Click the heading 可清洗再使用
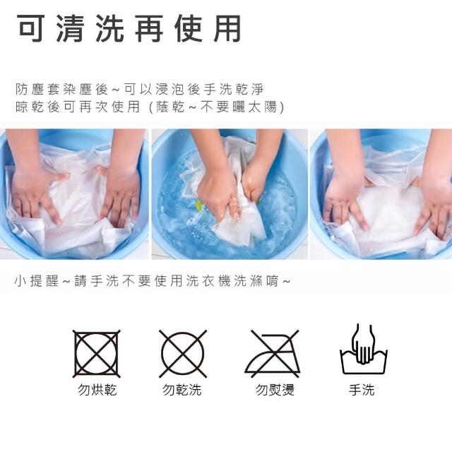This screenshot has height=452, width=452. click(129, 28)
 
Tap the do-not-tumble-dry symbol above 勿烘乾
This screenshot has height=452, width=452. click(96, 354)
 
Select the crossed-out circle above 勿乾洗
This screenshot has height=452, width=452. click(183, 354)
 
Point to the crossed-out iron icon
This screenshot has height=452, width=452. click(272, 354)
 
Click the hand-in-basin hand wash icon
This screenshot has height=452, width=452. click(364, 350)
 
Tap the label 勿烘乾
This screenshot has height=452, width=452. click(97, 390)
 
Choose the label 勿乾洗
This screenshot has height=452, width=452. click(182, 390)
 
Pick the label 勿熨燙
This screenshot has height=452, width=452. click(275, 390)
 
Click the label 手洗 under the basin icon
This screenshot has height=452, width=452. click(362, 390)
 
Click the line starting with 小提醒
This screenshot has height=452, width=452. click(153, 281)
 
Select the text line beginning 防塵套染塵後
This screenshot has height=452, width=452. click(140, 89)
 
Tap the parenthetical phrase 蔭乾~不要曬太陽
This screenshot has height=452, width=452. click(217, 107)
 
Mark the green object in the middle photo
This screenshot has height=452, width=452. click(199, 206)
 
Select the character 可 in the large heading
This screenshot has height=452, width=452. click(31, 28)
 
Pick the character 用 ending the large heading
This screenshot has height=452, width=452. click(227, 28)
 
